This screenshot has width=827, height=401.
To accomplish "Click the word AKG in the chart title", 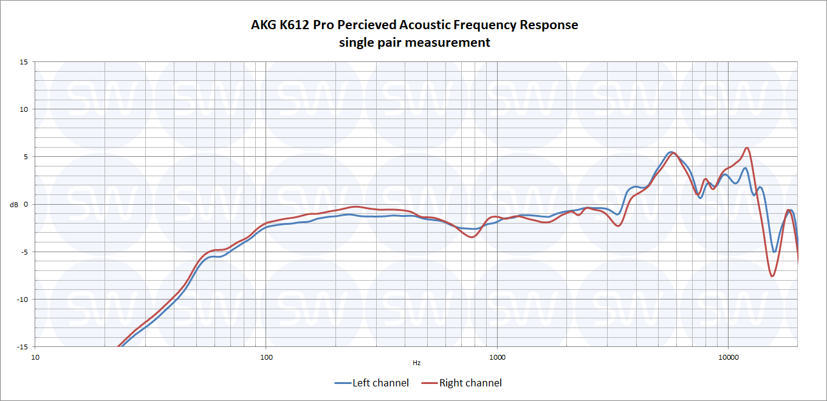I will point(263,26).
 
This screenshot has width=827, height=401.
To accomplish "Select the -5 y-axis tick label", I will point(23,252).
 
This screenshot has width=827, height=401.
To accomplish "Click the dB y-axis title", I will point(14,205).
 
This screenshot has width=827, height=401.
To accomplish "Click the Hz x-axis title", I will point(416,363).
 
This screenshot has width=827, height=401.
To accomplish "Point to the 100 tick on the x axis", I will point(266,357).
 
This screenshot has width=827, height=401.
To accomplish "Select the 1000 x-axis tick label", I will point(497,357).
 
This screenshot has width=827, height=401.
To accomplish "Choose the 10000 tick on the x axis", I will point(728,357).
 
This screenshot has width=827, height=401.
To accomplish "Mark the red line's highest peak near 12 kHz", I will point(747,148).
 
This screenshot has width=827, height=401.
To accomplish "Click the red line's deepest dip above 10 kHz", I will point(772,276).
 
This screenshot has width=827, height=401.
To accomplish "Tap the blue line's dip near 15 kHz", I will point(774,252).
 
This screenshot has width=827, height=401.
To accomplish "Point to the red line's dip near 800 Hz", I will point(472,237).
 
